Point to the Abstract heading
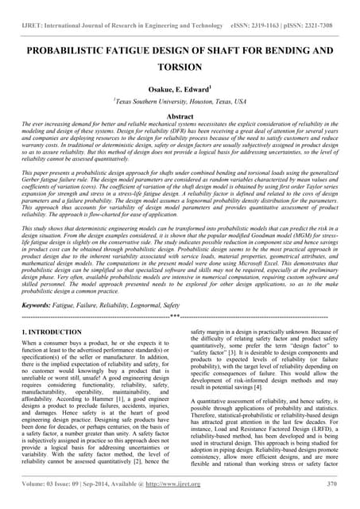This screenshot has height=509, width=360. click(180, 117)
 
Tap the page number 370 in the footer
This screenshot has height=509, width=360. click(334, 497)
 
